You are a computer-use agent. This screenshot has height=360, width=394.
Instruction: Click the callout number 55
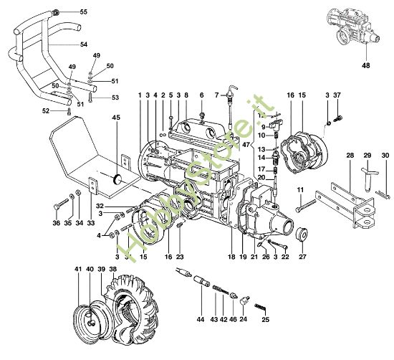coord(84,12)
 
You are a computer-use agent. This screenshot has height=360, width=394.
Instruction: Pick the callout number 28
coord(349,155)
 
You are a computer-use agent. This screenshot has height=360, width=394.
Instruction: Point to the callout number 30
coord(385,155)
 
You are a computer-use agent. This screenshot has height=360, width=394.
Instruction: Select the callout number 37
coord(337,95)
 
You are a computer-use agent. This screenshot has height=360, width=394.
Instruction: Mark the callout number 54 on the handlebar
coord(84,44)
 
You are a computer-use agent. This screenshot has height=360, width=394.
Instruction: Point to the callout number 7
coord(217,95)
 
